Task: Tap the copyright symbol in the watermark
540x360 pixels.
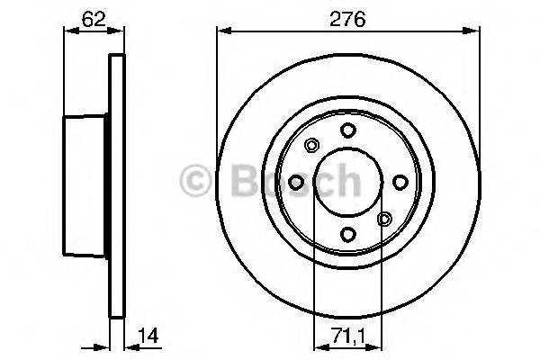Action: pos(195,183)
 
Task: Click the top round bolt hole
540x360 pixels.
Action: pos(346,131)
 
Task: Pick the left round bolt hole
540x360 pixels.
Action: pos(295,183)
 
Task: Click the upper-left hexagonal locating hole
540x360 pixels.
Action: pos(310,146)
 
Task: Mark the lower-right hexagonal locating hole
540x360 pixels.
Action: pos(383,219)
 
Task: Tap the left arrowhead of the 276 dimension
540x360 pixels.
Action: pos(222,31)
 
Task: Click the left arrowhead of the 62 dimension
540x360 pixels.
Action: pos(67,31)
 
